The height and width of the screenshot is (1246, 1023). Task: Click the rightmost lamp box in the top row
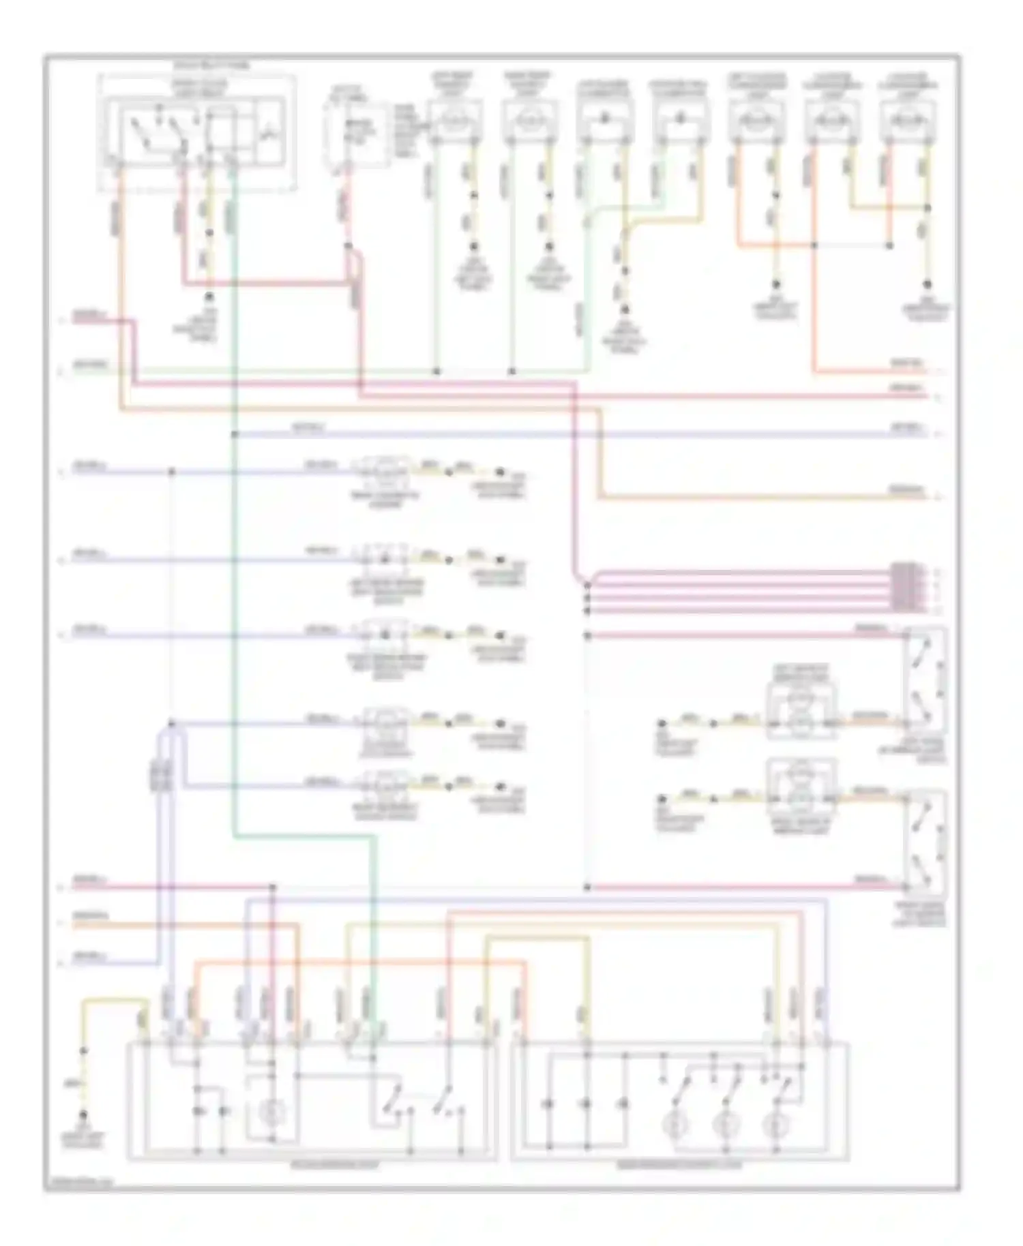point(907,120)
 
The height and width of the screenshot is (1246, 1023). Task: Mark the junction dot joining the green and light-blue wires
point(234,434)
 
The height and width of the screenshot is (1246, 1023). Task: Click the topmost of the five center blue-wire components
point(385,472)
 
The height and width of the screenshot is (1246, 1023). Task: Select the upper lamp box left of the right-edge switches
point(801,709)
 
